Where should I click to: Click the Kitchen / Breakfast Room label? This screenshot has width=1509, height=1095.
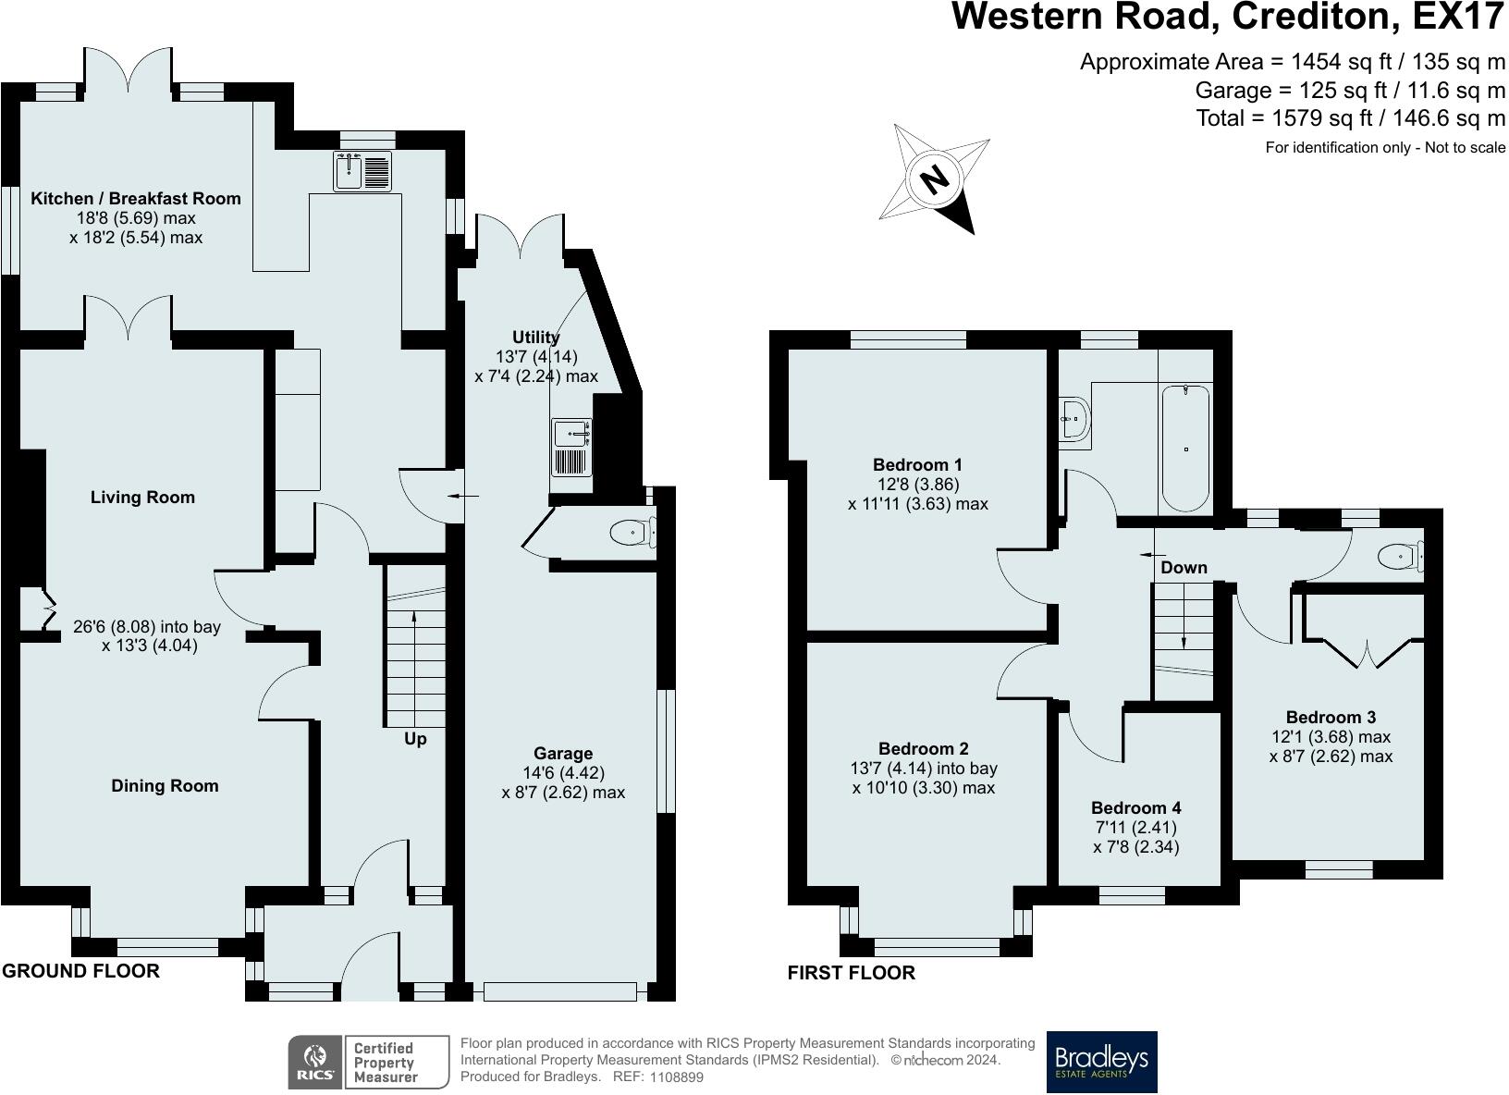136,198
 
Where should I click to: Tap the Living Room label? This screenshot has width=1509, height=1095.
142,498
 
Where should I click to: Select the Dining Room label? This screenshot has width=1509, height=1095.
165,786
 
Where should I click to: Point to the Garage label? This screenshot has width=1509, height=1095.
563,754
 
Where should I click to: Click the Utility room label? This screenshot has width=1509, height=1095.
536,338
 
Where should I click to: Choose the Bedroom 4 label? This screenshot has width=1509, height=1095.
1135,807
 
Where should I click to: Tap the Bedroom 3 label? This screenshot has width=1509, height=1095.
1331,717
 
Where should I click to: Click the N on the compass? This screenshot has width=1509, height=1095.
936,178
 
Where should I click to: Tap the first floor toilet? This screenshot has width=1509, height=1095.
1398,557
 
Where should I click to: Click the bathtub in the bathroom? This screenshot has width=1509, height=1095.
1185,448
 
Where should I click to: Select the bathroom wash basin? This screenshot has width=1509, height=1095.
1075,418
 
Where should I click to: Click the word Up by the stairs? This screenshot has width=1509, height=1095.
415,739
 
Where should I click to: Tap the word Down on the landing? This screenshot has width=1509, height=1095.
1184,567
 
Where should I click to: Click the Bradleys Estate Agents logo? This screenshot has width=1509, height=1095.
1101,1062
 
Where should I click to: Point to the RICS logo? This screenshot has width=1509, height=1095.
315,1062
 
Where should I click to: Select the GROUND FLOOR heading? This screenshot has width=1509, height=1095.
80,970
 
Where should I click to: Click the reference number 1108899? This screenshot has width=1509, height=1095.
677,1077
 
